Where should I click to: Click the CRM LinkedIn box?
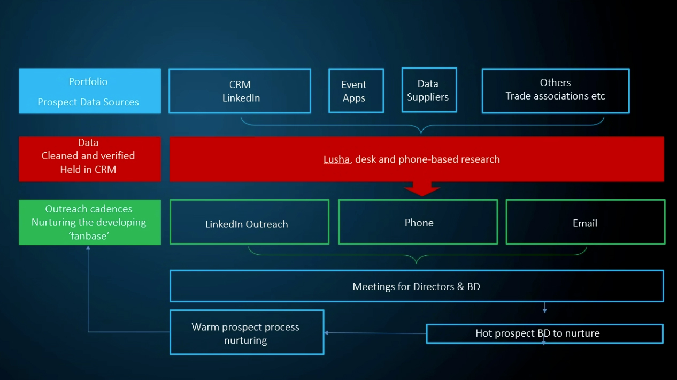240,91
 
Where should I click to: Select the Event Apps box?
356,91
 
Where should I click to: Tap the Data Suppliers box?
429,90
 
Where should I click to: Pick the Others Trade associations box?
555,90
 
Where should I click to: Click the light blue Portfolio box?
89,91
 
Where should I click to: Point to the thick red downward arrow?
422,189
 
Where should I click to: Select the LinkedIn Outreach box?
249,222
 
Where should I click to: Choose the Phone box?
418,222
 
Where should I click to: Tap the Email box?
585,222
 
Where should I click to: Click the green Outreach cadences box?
89,222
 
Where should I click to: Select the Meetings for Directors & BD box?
416,286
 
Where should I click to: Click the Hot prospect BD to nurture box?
544,333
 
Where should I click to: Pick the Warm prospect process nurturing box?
247,332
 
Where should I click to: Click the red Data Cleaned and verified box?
89,159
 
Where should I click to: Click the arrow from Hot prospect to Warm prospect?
374,333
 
